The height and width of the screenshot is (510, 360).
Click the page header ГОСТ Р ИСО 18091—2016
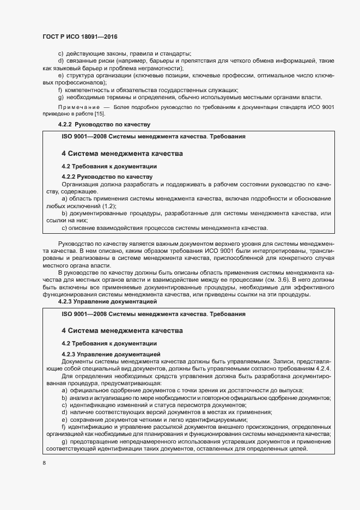click(80, 37)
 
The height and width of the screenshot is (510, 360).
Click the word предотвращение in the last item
click(97, 441)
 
